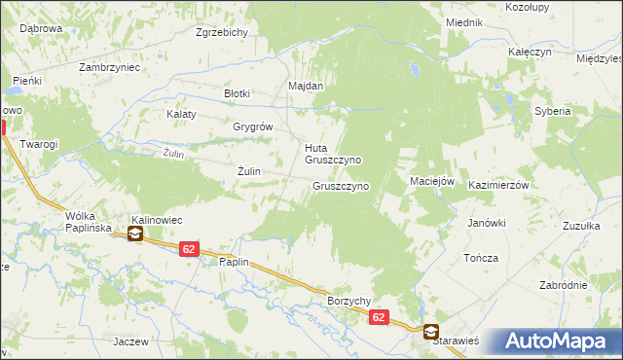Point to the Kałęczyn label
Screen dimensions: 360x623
click(529, 52)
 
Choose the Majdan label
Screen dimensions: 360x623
click(305, 86)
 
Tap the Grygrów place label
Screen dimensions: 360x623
click(252, 126)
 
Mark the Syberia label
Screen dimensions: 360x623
click(552, 111)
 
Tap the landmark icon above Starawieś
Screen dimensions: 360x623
click(429, 331)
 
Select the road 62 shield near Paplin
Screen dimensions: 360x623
click(189, 250)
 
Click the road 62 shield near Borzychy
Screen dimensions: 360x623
click(379, 317)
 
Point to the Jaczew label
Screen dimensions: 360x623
click(129, 342)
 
